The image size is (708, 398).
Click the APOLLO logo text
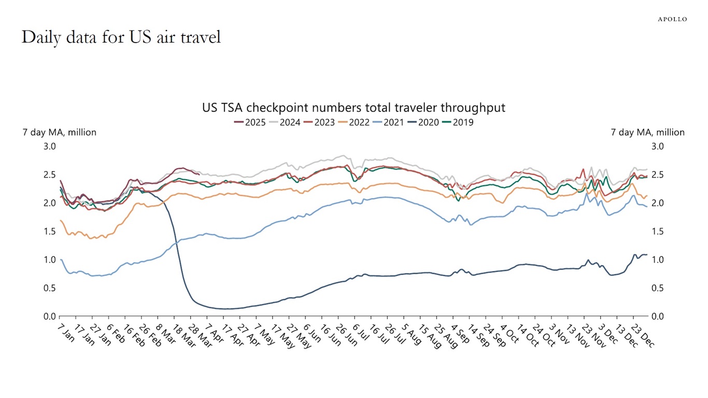(672, 19)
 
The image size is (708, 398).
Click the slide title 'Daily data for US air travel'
(121, 37)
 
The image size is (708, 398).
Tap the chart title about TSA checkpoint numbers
(353, 108)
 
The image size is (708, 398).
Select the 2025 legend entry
(250, 123)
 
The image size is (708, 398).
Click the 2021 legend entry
(388, 123)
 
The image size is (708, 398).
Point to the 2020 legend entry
(423, 123)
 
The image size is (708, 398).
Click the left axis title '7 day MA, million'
(59, 133)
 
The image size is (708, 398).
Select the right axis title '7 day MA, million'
(648, 133)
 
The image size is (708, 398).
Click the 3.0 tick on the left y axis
(49, 147)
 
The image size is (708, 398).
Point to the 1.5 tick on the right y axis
(657, 231)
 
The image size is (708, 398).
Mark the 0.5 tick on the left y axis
(49, 288)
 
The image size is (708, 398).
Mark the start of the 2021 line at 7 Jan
(61, 259)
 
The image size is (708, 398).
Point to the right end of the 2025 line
(200, 175)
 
